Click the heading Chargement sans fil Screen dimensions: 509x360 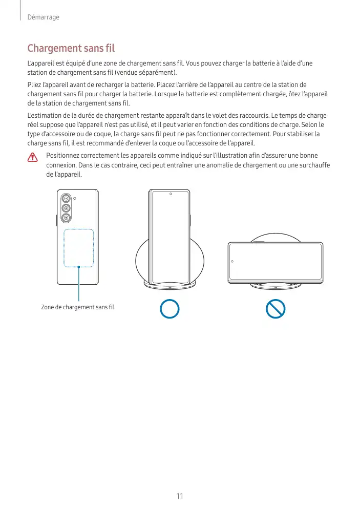[x=71, y=49]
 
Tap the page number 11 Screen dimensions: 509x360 [x=179, y=496]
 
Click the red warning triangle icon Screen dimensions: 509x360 [x=33, y=157]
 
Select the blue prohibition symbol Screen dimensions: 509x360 [x=276, y=309]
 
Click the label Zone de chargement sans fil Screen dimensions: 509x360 [x=77, y=307]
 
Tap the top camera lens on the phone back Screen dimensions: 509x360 [x=66, y=199]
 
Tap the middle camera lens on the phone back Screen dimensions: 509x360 [x=66, y=208]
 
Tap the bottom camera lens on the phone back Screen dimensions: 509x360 [x=66, y=219]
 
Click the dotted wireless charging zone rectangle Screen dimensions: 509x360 [x=79, y=248]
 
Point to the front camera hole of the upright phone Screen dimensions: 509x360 [x=171, y=194]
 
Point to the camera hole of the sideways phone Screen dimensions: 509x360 [x=232, y=261]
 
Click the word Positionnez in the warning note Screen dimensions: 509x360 [x=62, y=156]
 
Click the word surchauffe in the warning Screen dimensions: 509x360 [x=313, y=165]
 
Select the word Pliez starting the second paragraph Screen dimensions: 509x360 [x=33, y=84]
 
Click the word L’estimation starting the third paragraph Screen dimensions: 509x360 [x=45, y=116]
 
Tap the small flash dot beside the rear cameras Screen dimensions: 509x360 [x=75, y=198]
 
